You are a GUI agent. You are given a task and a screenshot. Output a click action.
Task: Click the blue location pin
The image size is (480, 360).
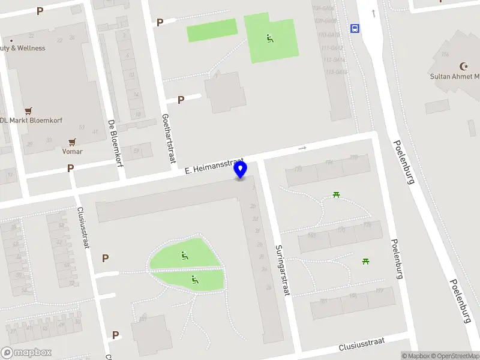click(x=241, y=170)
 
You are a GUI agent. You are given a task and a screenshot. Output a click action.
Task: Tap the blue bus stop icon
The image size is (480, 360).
click(x=355, y=28)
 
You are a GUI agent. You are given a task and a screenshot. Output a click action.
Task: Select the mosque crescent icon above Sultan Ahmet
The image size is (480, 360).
click(x=463, y=65)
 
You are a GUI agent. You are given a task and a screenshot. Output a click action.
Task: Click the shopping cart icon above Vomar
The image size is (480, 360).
click(x=73, y=142)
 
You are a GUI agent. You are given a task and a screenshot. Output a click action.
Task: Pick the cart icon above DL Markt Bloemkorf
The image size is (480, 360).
click(x=28, y=110)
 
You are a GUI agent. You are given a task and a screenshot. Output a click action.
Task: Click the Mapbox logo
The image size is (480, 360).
click(x=26, y=353)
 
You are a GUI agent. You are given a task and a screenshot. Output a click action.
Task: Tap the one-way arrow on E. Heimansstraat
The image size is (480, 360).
click(x=302, y=148)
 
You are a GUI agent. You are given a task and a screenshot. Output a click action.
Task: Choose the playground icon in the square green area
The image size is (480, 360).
click(x=270, y=39)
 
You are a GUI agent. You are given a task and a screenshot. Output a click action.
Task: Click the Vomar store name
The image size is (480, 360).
click(x=73, y=152)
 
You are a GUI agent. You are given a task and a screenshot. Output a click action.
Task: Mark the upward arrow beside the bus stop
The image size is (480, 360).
click(x=374, y=13)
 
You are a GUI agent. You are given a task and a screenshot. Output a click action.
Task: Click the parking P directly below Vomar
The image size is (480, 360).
click(x=71, y=169)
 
